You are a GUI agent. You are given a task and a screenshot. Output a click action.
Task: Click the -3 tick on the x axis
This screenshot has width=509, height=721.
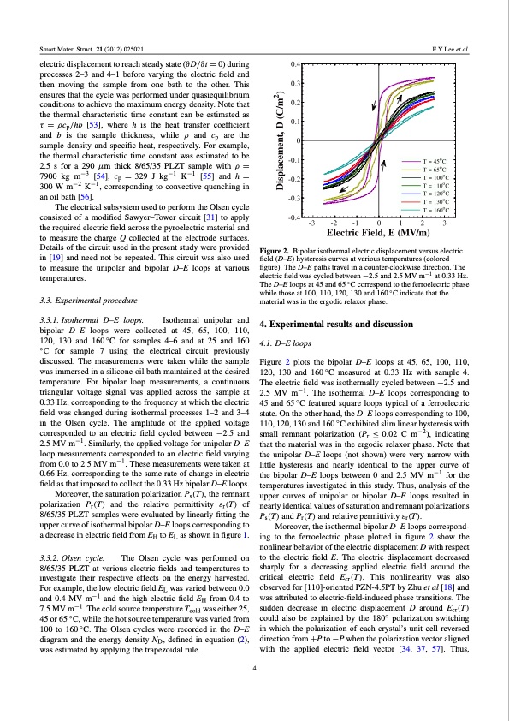point(311,223)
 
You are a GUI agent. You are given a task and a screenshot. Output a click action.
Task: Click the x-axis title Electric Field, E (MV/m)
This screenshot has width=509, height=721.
point(378,233)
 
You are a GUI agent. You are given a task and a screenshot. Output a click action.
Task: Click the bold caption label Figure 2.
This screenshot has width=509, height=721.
point(275,250)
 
